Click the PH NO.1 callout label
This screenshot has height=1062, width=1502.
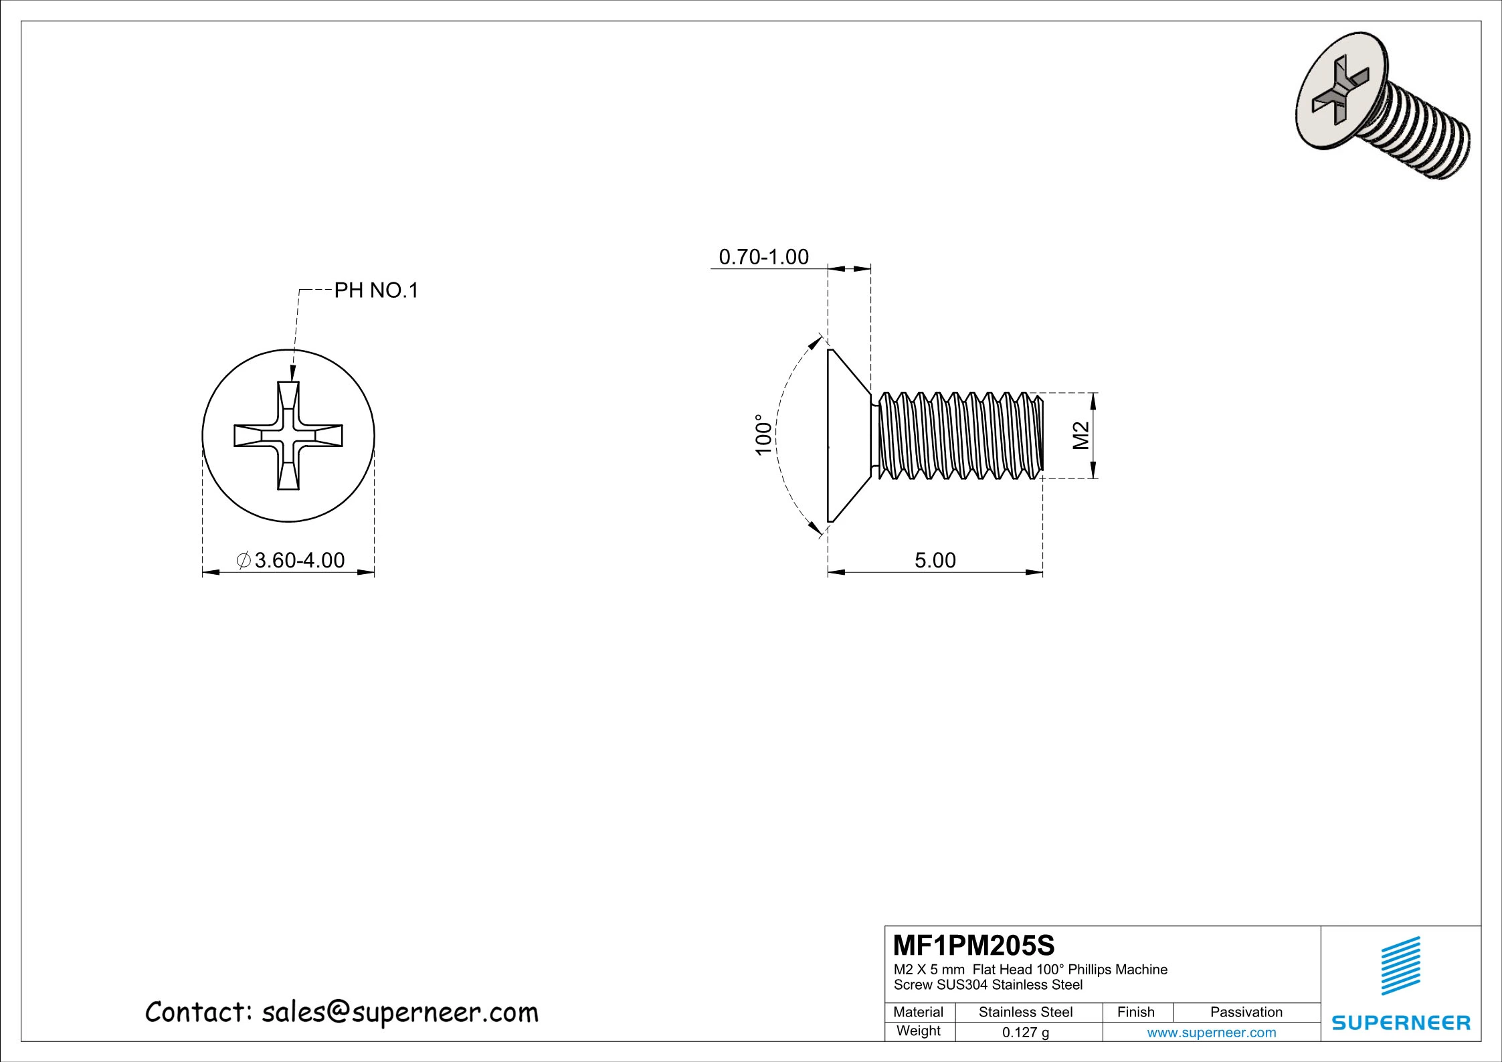tap(376, 290)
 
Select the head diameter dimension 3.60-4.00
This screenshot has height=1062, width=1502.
tap(299, 560)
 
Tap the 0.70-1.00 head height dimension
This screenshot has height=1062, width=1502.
tap(763, 257)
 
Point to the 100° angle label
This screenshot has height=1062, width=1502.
tap(763, 435)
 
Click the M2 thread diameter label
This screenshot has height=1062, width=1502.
tap(1081, 436)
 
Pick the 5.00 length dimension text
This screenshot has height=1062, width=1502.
tap(935, 560)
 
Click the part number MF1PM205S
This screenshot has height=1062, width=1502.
tap(973, 946)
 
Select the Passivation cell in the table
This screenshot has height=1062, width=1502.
tap(1246, 1012)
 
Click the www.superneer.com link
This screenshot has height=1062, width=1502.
tap(1211, 1033)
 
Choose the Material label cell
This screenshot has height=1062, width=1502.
tap(919, 1012)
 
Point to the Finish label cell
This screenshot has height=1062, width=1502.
tap(1136, 1012)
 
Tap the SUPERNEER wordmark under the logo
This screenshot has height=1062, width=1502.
tap(1401, 1023)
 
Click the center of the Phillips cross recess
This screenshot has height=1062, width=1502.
tap(288, 436)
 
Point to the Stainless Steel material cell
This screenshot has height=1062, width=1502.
tap(1025, 1012)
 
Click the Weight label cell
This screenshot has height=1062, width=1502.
tap(919, 1031)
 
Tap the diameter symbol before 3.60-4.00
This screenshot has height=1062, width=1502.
tap(244, 560)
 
